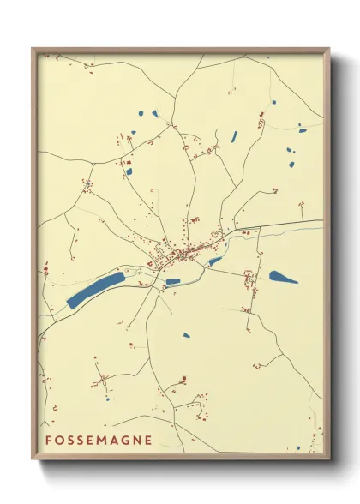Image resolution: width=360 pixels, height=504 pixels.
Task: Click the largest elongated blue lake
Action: pos(95,289)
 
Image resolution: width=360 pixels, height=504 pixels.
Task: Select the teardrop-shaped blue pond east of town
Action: pos(283,277)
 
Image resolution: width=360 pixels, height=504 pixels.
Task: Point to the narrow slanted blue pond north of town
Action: pos(233,136)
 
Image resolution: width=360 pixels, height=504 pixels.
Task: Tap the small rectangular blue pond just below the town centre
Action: pos(173,280)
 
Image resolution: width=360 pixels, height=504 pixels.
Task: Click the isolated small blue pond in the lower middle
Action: pos(186,335)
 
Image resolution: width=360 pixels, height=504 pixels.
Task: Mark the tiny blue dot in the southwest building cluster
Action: pos(107,399)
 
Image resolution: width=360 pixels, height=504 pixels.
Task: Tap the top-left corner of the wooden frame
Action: pos(33,48)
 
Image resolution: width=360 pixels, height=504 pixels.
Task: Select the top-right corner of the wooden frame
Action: pos(330,48)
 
